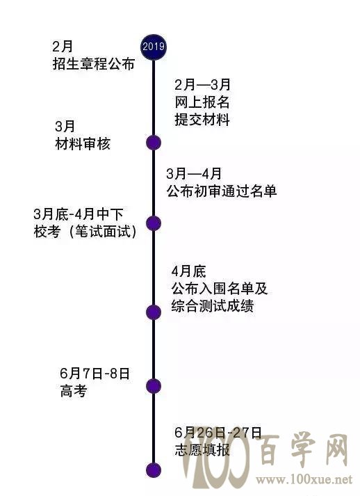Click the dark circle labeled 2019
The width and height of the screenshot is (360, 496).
pyautogui.click(x=154, y=47)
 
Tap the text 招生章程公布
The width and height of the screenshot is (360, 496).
pyautogui.click(x=94, y=64)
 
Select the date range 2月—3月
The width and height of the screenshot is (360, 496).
pyautogui.click(x=203, y=84)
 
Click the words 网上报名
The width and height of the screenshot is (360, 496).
pyautogui.click(x=202, y=102)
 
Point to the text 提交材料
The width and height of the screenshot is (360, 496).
pyautogui.click(x=202, y=120)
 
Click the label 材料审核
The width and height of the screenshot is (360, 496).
pyautogui.click(x=83, y=144)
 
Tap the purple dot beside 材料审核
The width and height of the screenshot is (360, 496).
pyautogui.click(x=154, y=143)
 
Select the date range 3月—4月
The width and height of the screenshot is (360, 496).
pyautogui.click(x=195, y=174)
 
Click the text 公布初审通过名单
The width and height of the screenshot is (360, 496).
pyautogui.click(x=222, y=191)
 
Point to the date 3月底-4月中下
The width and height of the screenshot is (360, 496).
pyautogui.click(x=79, y=214)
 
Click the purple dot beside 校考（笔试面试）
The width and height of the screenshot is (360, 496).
pyautogui.click(x=154, y=223)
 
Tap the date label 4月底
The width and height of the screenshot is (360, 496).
pyautogui.click(x=189, y=271)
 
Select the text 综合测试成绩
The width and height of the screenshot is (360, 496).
pyautogui.click(x=213, y=306)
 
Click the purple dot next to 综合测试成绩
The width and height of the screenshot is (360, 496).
pyautogui.click(x=154, y=312)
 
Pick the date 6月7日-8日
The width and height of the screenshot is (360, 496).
pyautogui.click(x=95, y=374)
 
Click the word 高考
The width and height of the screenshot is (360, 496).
pyautogui.click(x=74, y=391)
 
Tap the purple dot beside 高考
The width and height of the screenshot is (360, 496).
pyautogui.click(x=154, y=386)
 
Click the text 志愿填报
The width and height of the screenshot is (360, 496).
pyautogui.click(x=202, y=450)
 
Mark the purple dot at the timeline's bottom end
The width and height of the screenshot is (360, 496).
pyautogui.click(x=154, y=470)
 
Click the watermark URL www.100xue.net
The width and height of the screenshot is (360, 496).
pyautogui.click(x=304, y=479)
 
